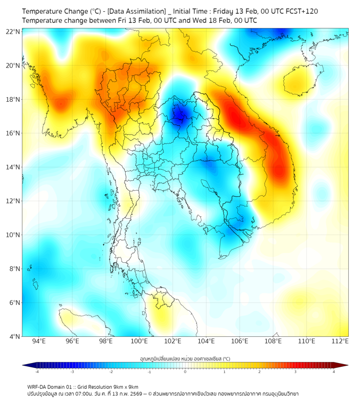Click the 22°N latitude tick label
tap(13, 31)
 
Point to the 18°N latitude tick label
tap(13, 99)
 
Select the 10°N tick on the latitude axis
tap(13, 235)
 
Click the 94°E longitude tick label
tap(38, 341)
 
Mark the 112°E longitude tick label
tap(340, 341)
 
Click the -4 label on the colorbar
tap(37, 372)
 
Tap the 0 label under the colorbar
tap(185, 372)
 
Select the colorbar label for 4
tap(334, 372)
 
